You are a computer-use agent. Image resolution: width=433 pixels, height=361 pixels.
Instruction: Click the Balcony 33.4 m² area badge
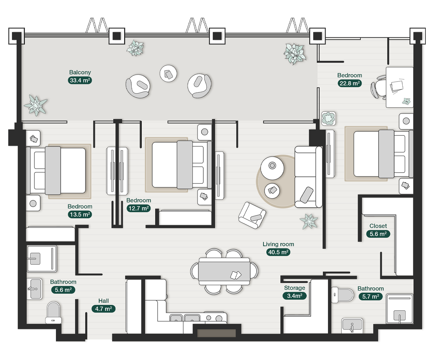80,81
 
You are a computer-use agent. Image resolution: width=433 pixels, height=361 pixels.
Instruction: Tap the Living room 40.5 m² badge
278,252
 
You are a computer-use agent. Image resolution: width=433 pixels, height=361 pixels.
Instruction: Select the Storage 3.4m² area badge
294,296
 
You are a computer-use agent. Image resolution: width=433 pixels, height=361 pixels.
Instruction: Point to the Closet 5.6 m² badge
378,234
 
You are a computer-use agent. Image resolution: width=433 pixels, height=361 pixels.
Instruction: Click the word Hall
104,301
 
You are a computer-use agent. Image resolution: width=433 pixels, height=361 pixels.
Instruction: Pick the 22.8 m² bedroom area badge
350,83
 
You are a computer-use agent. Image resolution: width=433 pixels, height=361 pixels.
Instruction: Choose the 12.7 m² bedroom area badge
139,208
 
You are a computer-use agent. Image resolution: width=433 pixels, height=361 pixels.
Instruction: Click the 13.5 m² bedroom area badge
80,214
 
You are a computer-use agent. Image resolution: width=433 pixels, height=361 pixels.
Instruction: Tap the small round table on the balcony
169,74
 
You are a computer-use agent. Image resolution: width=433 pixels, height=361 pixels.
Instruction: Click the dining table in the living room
224,271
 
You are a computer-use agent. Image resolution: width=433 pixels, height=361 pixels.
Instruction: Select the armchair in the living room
252,215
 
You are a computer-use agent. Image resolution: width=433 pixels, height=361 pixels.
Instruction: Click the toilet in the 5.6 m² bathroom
53,312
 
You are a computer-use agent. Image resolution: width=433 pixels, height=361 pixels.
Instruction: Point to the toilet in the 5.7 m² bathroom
342,295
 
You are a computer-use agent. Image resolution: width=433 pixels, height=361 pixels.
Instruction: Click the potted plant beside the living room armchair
309,221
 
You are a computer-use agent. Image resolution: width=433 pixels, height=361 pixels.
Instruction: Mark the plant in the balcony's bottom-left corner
35,105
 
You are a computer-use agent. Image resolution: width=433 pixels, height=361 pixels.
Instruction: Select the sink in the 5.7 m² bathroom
352,326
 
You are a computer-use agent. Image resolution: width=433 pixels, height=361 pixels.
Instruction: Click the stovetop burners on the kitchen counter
215,318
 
